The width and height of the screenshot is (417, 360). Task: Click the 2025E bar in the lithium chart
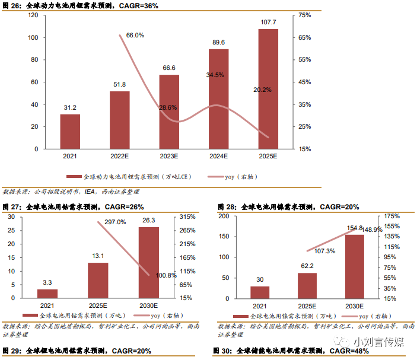(268, 89)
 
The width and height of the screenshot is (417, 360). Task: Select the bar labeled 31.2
(70, 131)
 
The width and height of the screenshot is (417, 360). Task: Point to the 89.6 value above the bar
(218, 42)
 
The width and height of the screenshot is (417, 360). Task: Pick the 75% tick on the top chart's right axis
(304, 15)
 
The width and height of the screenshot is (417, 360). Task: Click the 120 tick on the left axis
(33, 15)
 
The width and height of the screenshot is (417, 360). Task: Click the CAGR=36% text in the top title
(138, 5)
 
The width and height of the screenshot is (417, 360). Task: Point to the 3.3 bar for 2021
(47, 293)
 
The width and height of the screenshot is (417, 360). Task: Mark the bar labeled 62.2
(307, 285)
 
